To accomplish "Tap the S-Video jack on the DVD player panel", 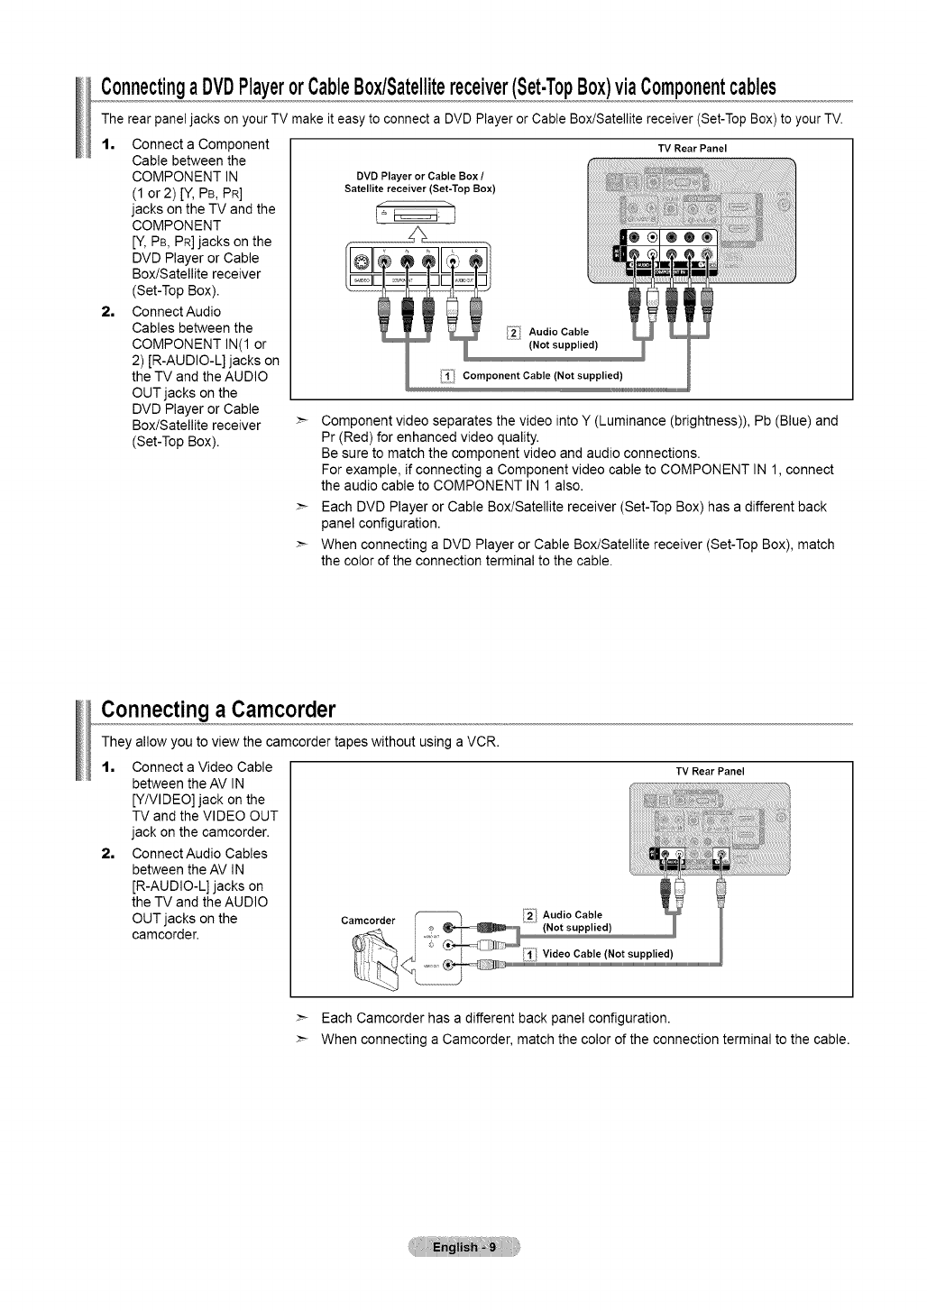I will (360, 263).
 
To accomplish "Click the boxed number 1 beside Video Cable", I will (531, 955).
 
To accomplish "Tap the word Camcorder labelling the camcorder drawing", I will (368, 921).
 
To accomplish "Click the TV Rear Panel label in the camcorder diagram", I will (711, 771).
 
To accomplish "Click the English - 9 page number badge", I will (463, 1248).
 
